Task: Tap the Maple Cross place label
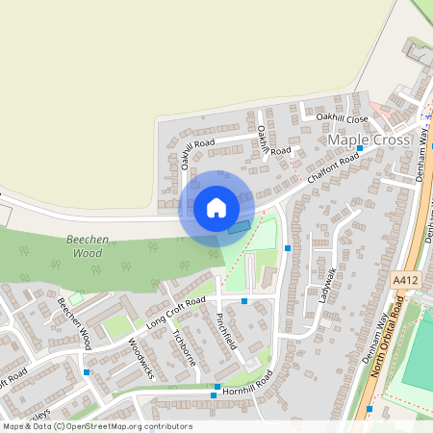point(370,140)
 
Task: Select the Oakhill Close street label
point(344,118)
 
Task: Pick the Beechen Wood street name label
point(73,321)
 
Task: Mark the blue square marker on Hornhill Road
point(215,394)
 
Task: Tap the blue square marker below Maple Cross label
point(360,148)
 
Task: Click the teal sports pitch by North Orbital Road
point(420,346)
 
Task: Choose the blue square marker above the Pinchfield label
point(244,301)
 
